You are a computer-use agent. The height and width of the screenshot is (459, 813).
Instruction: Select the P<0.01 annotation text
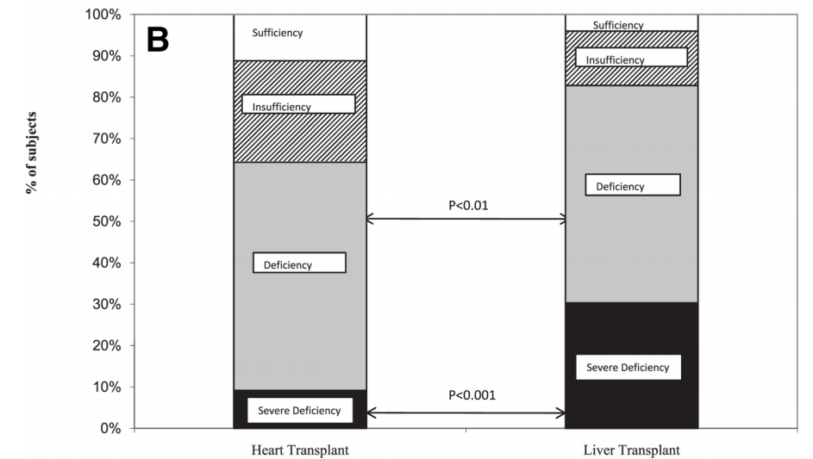point(467,206)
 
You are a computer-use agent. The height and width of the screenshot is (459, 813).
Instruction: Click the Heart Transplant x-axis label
point(299,450)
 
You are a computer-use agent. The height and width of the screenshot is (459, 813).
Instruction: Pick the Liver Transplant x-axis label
point(631,450)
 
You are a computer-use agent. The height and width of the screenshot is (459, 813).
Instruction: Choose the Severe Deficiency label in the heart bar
point(300,411)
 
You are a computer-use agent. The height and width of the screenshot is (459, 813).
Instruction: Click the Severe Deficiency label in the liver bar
point(628,368)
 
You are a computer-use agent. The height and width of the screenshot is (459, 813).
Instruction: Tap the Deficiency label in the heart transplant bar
point(288,264)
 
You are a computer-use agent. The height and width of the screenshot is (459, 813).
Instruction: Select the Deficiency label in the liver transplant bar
point(620,186)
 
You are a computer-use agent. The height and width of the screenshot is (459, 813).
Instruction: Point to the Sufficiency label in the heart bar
point(278,33)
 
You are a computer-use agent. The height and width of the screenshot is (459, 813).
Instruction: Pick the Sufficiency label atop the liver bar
point(618,25)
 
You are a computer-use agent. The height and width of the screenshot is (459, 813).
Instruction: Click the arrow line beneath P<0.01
point(466,220)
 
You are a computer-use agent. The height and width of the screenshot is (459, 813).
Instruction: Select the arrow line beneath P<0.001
point(466,413)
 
